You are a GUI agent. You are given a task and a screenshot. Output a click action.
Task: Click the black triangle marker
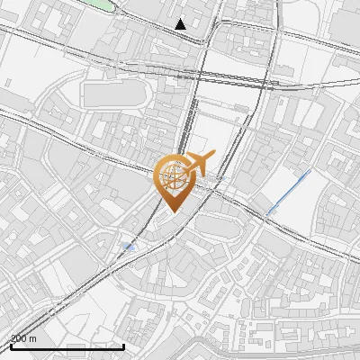pos(182,24)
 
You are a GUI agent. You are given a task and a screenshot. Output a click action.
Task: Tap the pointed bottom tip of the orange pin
pos(172,211)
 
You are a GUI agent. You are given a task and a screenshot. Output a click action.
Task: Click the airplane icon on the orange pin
pos(199,165)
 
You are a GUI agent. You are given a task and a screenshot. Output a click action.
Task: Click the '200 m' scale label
pos(23,338)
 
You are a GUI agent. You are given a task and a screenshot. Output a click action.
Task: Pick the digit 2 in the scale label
pos(13,338)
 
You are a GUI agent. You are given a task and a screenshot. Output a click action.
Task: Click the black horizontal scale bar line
pos(67,346)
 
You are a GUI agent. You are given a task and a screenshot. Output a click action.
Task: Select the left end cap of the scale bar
pos(10,345)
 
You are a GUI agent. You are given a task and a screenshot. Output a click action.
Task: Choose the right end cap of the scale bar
pos(123,345)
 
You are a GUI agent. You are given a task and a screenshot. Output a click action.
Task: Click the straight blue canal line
pos(288,191)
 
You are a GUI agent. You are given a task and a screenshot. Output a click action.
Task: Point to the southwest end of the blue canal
pos(267,212)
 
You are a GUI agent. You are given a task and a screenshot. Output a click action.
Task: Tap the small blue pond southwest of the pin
pos(128,246)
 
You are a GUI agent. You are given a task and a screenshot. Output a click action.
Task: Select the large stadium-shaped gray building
pos(114,94)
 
